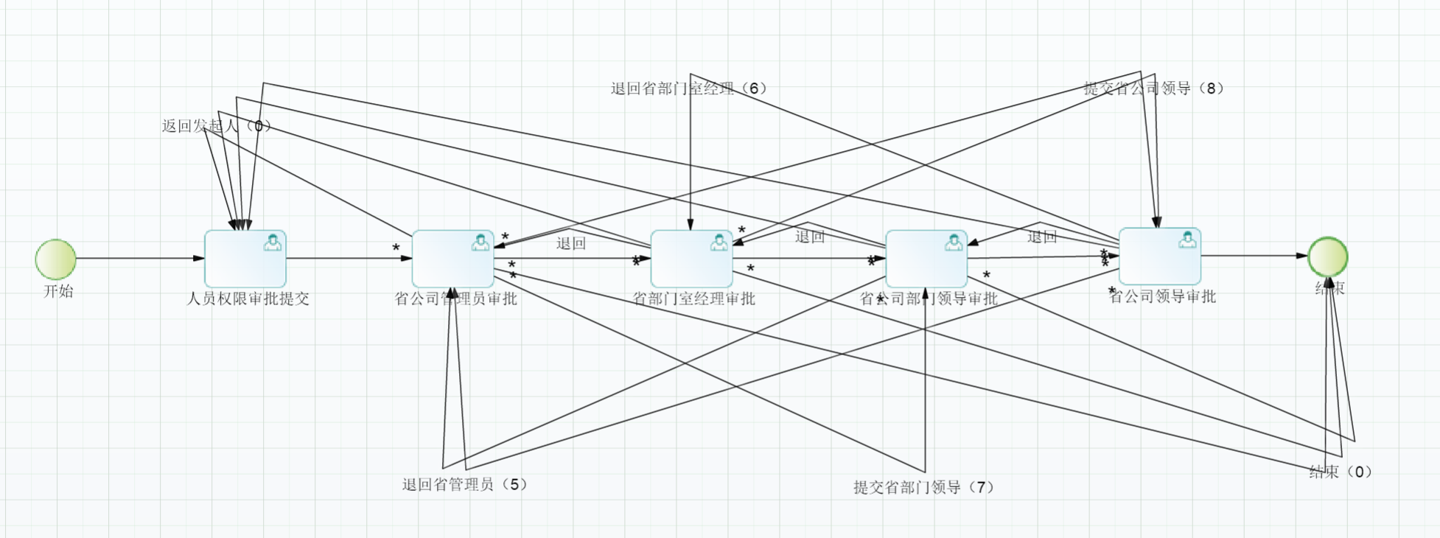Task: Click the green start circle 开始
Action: click(x=56, y=259)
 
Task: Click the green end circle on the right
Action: click(x=1328, y=256)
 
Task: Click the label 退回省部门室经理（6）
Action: click(x=689, y=88)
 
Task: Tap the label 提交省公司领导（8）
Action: click(x=1154, y=88)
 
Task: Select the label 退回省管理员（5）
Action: click(x=465, y=484)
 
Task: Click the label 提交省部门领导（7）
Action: click(x=924, y=487)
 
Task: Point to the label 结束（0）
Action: click(x=1341, y=472)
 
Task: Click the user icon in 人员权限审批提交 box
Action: click(x=273, y=242)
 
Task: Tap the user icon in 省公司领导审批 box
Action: click(x=1187, y=240)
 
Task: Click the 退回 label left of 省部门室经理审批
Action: click(x=571, y=244)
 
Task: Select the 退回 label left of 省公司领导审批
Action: click(x=1042, y=237)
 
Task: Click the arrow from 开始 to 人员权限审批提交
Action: click(x=140, y=259)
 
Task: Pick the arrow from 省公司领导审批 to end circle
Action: click(x=1253, y=256)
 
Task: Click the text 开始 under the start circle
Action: click(x=58, y=291)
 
